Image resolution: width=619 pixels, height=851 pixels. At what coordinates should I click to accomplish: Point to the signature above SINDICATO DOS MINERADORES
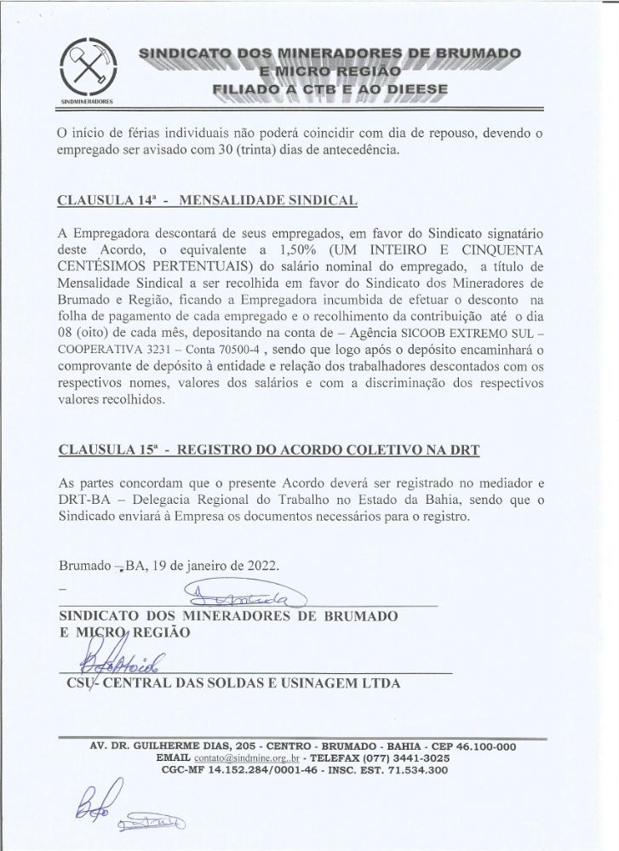pos(243,595)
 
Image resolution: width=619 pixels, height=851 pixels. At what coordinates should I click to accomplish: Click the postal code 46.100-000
pos(476,745)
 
